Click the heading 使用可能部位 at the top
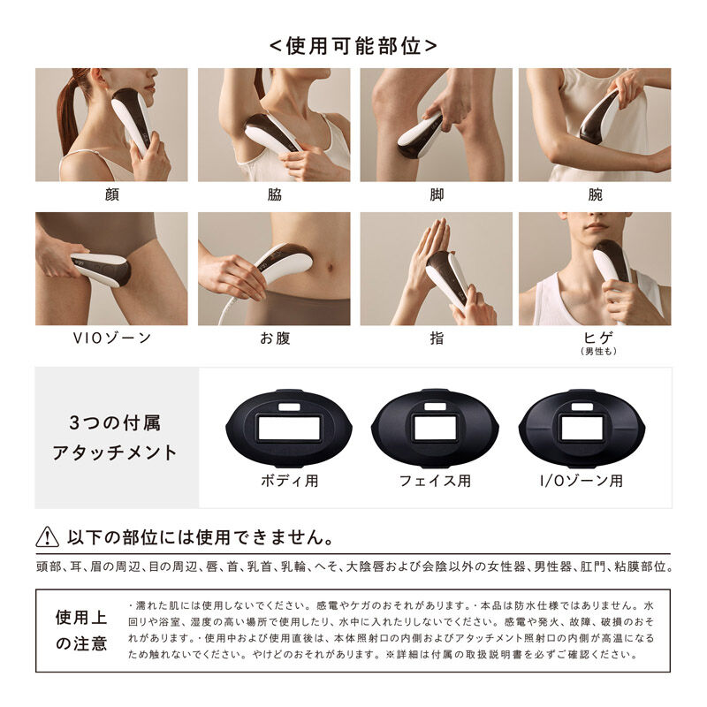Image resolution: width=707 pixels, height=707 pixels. click(353, 45)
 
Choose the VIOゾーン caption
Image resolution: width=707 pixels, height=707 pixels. click(111, 338)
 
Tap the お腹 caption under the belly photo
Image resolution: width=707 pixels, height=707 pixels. click(274, 338)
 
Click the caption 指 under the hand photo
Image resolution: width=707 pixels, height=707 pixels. click(436, 338)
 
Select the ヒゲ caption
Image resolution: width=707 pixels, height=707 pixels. click(595, 337)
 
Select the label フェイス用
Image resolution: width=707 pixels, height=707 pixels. click(434, 482)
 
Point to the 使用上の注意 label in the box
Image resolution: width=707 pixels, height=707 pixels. click(81, 630)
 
